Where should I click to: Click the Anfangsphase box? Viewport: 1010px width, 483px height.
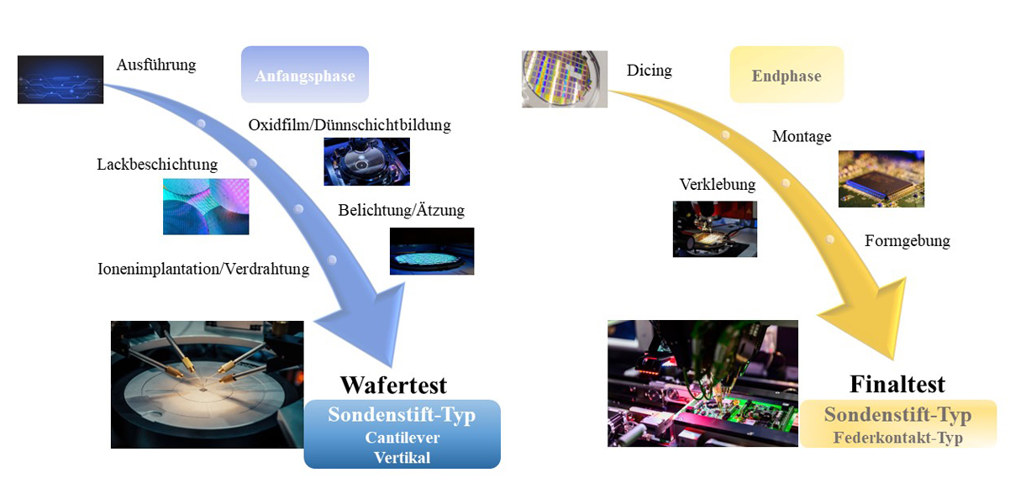[x=305, y=76]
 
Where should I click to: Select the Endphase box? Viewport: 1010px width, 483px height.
[x=786, y=76]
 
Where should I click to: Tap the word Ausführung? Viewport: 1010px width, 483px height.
[x=156, y=65]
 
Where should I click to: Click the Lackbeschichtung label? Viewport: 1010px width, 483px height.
[x=157, y=164]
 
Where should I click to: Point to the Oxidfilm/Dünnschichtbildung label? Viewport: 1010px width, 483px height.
[x=350, y=125]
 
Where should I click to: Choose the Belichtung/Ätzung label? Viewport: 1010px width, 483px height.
[x=401, y=210]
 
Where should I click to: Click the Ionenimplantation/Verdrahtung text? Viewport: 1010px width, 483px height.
[x=204, y=269]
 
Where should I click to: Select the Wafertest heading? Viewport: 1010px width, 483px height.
[x=393, y=385]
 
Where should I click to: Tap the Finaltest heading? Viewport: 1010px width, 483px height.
[x=897, y=384]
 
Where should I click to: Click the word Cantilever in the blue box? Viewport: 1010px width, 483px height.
[x=402, y=438]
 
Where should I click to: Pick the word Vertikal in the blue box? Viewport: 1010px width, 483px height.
[x=402, y=457]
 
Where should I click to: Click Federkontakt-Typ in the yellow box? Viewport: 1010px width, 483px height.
[x=897, y=437]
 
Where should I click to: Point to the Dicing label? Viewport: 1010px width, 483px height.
[x=649, y=71]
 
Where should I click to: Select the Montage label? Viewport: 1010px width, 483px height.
[x=802, y=136]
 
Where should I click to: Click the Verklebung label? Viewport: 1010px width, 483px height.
[x=717, y=184]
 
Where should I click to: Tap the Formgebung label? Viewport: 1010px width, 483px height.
[x=907, y=241]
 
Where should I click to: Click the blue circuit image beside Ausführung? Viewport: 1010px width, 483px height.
[x=60, y=80]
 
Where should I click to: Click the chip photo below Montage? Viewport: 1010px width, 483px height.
[x=881, y=179]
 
